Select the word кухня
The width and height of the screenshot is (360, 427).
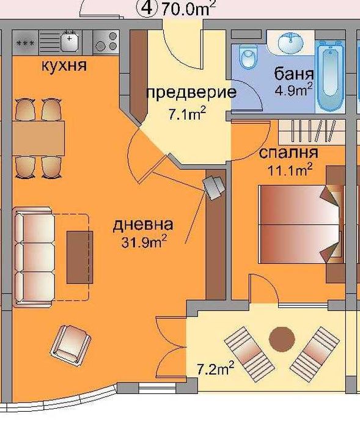coord(63,65)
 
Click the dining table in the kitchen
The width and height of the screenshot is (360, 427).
coord(38,138)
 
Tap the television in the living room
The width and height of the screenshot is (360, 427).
coord(215,187)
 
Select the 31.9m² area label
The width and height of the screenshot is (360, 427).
coord(145,242)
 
